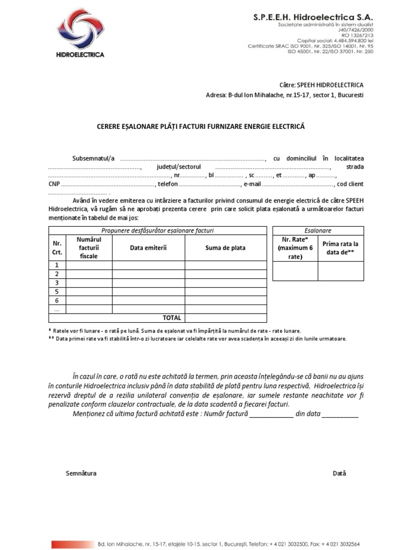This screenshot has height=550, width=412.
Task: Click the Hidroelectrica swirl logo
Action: [x=80, y=31]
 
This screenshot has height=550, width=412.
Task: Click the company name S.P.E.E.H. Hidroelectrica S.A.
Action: [x=313, y=18]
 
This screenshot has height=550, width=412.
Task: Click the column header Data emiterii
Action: [x=148, y=248]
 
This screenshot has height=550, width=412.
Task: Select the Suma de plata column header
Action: [x=225, y=248]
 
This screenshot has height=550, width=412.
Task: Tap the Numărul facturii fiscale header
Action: [x=89, y=248]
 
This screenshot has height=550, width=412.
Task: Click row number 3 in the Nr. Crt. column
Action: [x=57, y=283]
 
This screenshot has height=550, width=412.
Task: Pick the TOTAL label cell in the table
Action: [x=172, y=317]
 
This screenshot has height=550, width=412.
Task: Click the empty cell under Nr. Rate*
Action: [x=295, y=271]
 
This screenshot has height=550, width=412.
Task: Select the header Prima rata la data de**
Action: [x=340, y=248]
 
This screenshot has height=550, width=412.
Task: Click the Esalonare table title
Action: [x=318, y=230]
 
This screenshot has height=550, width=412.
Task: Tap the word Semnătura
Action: [x=81, y=473]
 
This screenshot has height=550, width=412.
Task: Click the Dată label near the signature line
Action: [x=339, y=473]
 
